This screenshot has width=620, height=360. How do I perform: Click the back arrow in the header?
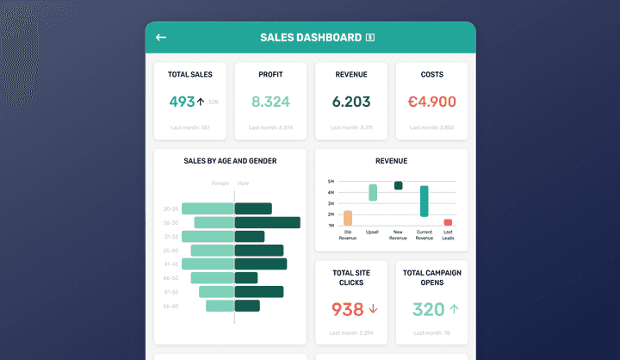[x=161, y=38]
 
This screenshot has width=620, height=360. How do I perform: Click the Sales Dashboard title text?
[x=311, y=38]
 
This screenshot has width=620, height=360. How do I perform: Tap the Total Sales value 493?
[x=182, y=102]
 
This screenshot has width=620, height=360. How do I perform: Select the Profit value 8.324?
[x=270, y=102]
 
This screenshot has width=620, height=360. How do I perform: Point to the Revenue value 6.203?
[x=351, y=102]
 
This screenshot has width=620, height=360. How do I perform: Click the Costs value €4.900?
[x=431, y=102]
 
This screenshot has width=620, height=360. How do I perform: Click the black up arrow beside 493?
[x=201, y=102]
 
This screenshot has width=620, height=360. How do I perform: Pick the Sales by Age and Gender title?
[x=230, y=161]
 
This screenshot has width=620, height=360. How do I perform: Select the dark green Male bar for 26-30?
[x=267, y=222]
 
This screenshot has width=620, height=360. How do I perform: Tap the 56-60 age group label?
[x=170, y=306]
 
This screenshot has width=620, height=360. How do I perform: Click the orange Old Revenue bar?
[x=348, y=218]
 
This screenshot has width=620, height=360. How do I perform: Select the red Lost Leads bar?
[x=448, y=222]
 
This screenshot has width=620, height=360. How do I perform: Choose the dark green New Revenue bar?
[x=398, y=185]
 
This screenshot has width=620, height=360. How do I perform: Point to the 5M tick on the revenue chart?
[x=331, y=182]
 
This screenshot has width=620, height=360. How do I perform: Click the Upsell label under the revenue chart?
[x=372, y=232]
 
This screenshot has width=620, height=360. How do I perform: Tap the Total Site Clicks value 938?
[x=347, y=309]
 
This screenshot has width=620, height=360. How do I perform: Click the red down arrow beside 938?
[x=373, y=309]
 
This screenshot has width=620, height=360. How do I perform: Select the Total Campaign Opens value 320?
[x=428, y=309]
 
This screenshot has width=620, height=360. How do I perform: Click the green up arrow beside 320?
[x=454, y=308]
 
